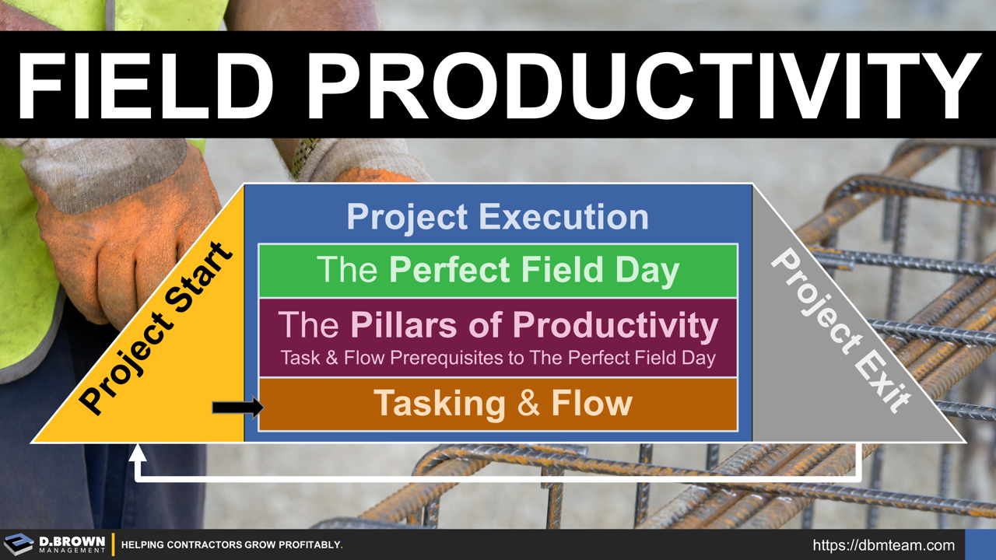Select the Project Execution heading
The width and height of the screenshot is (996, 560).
[x=498, y=217]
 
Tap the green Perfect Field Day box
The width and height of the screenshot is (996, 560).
[x=498, y=271]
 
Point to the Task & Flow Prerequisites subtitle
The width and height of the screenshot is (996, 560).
[x=498, y=359]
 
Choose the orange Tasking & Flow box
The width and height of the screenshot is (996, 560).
[x=498, y=404]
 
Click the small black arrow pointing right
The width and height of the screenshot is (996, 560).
[x=237, y=407]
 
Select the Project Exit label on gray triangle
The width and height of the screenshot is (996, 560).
[x=840, y=331]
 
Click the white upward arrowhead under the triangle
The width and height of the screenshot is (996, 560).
[x=138, y=450]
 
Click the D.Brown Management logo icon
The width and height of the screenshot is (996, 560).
[x=19, y=544]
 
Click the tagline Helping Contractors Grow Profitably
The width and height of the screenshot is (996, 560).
[x=232, y=544]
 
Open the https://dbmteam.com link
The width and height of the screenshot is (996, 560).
[x=883, y=545]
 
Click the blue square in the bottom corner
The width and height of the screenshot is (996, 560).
[x=980, y=544]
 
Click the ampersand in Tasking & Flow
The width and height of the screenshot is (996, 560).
[x=528, y=404]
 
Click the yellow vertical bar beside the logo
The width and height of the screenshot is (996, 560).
[x=114, y=544]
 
